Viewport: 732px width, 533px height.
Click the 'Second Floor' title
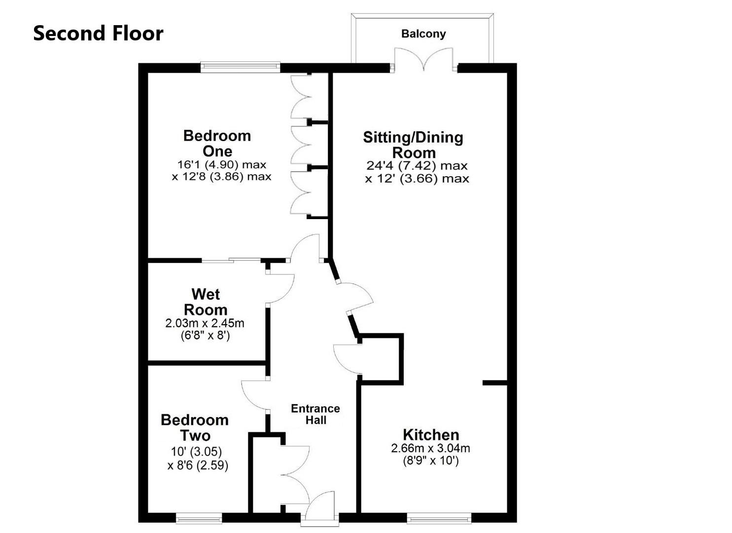[98, 34]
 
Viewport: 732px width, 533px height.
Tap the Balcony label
[423, 34]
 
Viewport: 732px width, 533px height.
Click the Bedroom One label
[217, 143]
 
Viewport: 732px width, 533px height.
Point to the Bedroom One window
[240, 67]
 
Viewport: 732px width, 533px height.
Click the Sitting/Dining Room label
[413, 145]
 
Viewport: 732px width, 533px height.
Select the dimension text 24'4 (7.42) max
[417, 166]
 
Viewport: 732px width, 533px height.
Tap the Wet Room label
[205, 302]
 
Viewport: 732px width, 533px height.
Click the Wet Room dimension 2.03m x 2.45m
[205, 324]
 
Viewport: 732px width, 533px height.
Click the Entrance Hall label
[315, 414]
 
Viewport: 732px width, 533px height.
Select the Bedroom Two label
[195, 427]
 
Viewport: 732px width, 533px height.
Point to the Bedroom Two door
[254, 395]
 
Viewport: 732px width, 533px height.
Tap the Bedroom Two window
[199, 518]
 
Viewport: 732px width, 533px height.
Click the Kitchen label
[431, 435]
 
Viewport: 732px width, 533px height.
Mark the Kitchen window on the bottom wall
[439, 518]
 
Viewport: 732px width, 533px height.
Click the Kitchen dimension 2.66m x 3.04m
[430, 449]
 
